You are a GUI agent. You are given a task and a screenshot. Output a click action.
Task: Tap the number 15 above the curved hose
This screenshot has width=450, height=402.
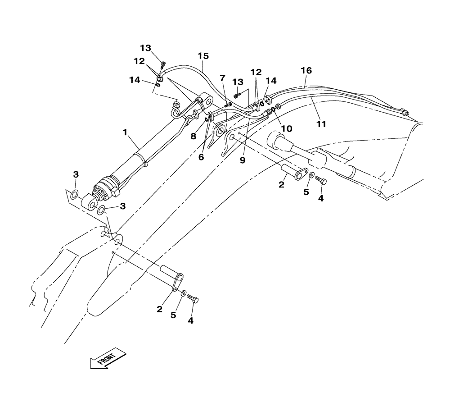pos(203,56)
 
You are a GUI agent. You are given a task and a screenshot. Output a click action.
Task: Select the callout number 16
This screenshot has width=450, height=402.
pos(306,71)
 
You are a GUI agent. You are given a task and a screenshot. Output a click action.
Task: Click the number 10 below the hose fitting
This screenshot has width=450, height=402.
pos(287,128)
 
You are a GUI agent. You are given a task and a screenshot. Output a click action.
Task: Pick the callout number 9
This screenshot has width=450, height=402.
pos(243,160)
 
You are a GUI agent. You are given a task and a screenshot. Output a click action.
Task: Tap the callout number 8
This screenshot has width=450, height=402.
pos(193,135)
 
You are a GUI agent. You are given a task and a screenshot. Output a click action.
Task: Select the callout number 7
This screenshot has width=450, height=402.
pos(222,78)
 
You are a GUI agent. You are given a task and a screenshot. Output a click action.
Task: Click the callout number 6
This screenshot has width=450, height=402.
pos(201,157)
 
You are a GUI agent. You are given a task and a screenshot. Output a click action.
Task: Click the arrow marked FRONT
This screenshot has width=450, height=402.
pos(107,358)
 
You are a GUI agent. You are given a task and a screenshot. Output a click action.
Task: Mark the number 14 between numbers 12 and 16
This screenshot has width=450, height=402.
pos(272,81)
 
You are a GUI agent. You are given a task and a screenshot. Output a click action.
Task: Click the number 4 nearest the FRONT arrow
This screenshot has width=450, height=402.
pos(191,321)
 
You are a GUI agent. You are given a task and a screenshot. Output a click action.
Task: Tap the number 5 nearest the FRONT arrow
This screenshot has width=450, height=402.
pos(173,315)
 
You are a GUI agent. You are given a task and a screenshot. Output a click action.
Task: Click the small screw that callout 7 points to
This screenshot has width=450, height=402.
pos(228,105)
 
